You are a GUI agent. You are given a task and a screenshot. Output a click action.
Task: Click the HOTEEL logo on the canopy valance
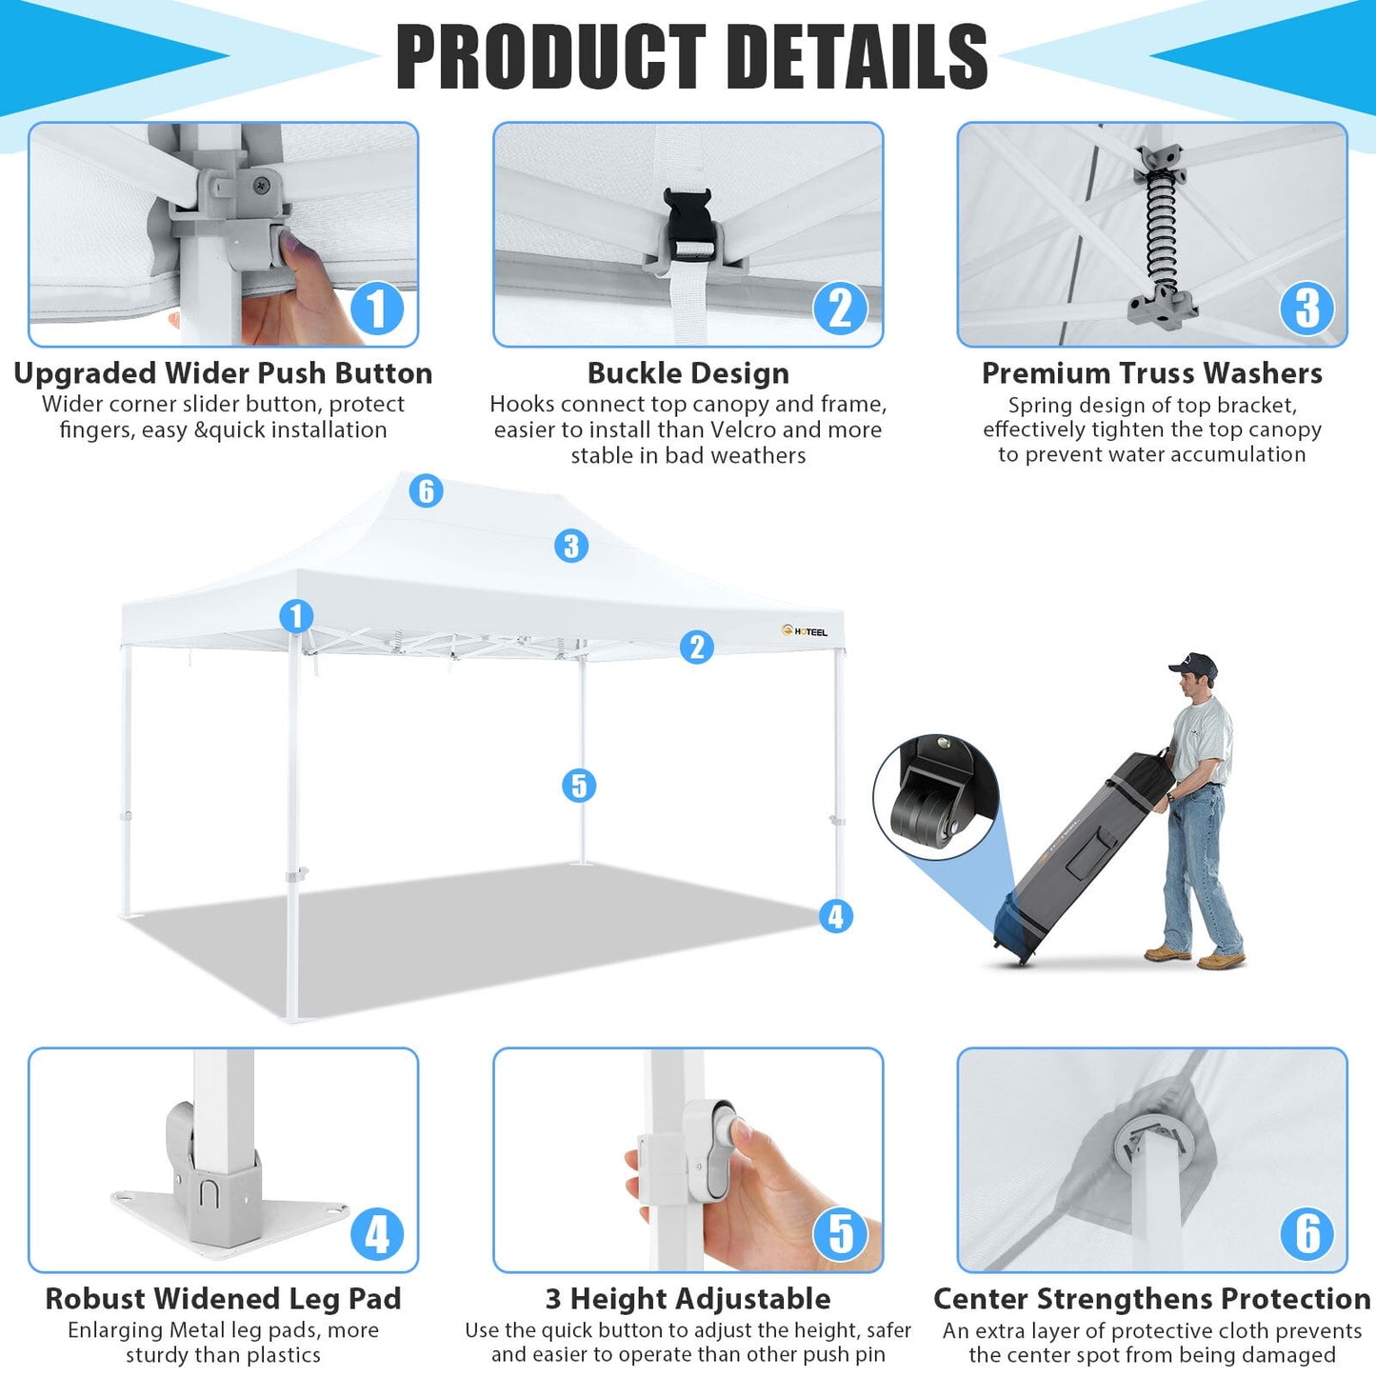805,631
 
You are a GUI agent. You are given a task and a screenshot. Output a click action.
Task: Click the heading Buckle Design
688,372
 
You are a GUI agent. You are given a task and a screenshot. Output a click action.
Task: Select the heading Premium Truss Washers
1152,372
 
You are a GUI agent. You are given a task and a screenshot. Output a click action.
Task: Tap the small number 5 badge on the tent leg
579,786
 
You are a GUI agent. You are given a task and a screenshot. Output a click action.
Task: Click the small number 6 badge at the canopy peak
427,490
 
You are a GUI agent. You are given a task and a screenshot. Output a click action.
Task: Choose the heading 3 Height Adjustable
688,1298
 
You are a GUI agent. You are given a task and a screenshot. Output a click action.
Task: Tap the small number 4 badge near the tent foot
836,916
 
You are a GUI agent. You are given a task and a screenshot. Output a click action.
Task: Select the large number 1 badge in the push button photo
377,309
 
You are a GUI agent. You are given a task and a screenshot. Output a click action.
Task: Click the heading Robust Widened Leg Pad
223,1298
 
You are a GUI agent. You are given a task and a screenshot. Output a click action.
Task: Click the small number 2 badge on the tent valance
697,647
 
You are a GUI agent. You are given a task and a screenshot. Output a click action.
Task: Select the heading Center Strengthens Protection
1152,1298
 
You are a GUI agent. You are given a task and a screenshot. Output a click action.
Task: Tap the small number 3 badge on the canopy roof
571,546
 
